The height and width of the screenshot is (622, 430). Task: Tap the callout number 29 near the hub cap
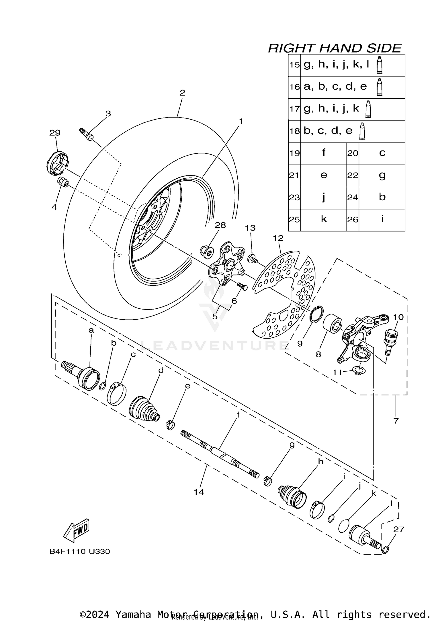[55, 133]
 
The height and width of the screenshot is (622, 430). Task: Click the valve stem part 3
[86, 134]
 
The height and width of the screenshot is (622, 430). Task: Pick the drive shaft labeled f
[219, 454]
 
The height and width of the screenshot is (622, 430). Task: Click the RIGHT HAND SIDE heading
[335, 48]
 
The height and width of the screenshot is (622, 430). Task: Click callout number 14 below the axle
[198, 492]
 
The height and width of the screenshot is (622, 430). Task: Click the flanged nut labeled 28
[206, 251]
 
